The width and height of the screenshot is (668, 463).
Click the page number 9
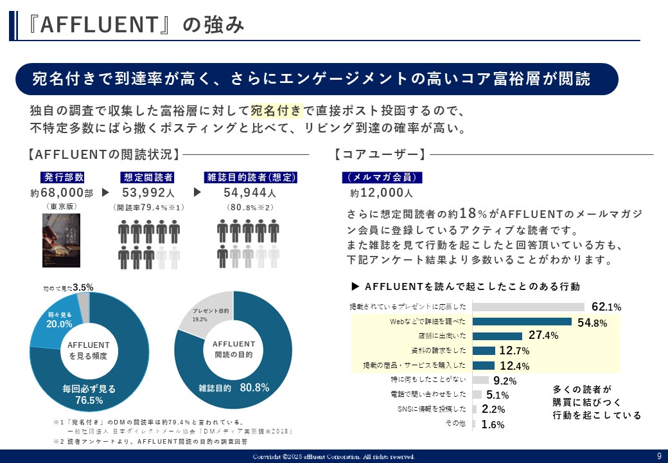pos(659,456)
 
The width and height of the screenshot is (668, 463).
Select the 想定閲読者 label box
pos(147,177)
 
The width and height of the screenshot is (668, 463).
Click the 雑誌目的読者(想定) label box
pos(250,177)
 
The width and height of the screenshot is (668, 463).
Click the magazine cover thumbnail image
pos(61,241)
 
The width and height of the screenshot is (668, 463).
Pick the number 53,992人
pos(148,193)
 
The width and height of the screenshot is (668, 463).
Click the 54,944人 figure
pos(250,193)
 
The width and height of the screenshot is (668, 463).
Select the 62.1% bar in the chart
pos(529,307)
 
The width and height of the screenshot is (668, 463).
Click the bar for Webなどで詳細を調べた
pos(522,322)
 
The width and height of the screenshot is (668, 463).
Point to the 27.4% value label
pos(543,336)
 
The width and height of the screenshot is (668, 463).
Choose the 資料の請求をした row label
pos(439,351)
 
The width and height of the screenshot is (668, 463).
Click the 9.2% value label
pos(505,381)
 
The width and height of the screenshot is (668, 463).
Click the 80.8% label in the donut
pos(254,388)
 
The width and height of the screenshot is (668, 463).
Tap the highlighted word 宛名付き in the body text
pos(276,111)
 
